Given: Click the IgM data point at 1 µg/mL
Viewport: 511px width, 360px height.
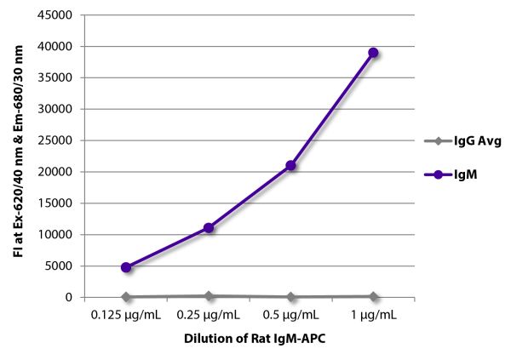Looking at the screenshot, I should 373,53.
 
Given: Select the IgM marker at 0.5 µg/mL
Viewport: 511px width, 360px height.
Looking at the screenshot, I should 290,165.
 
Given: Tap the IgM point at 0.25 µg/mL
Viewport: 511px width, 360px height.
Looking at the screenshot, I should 208,228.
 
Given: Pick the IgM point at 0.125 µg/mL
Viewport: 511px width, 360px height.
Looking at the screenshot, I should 126,267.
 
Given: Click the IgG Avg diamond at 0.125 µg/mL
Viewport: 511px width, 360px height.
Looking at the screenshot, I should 126,297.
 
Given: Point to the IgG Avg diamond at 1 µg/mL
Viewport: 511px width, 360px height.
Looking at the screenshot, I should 373,296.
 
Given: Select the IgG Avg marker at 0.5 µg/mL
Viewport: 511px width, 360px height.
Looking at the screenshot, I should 290,297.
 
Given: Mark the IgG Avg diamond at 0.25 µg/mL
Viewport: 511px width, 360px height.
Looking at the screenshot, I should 208,295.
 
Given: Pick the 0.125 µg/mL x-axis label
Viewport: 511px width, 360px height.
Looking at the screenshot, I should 126,316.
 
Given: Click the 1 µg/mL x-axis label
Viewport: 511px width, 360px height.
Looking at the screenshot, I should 373,316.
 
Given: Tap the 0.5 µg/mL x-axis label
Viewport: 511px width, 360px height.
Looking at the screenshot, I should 290,316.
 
